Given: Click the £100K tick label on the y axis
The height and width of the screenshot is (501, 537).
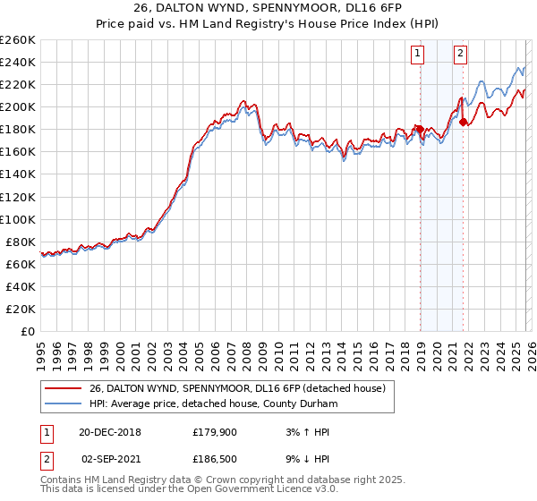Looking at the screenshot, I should coord(18,219).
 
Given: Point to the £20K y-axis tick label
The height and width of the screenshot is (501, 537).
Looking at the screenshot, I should coord(21,309).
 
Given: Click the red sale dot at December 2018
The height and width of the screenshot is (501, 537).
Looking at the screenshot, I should coord(420,129).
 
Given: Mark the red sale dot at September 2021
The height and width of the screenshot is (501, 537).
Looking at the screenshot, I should coord(463,123).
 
